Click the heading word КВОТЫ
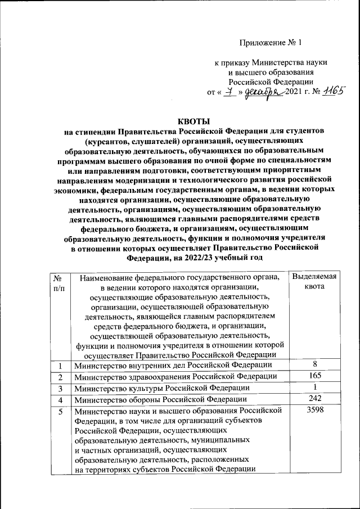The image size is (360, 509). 193,121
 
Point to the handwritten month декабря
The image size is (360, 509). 264,92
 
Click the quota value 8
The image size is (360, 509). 315,364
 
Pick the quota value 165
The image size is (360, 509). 315,375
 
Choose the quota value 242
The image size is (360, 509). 315,399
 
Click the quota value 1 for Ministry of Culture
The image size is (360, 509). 315,387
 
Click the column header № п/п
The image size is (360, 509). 58,282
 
